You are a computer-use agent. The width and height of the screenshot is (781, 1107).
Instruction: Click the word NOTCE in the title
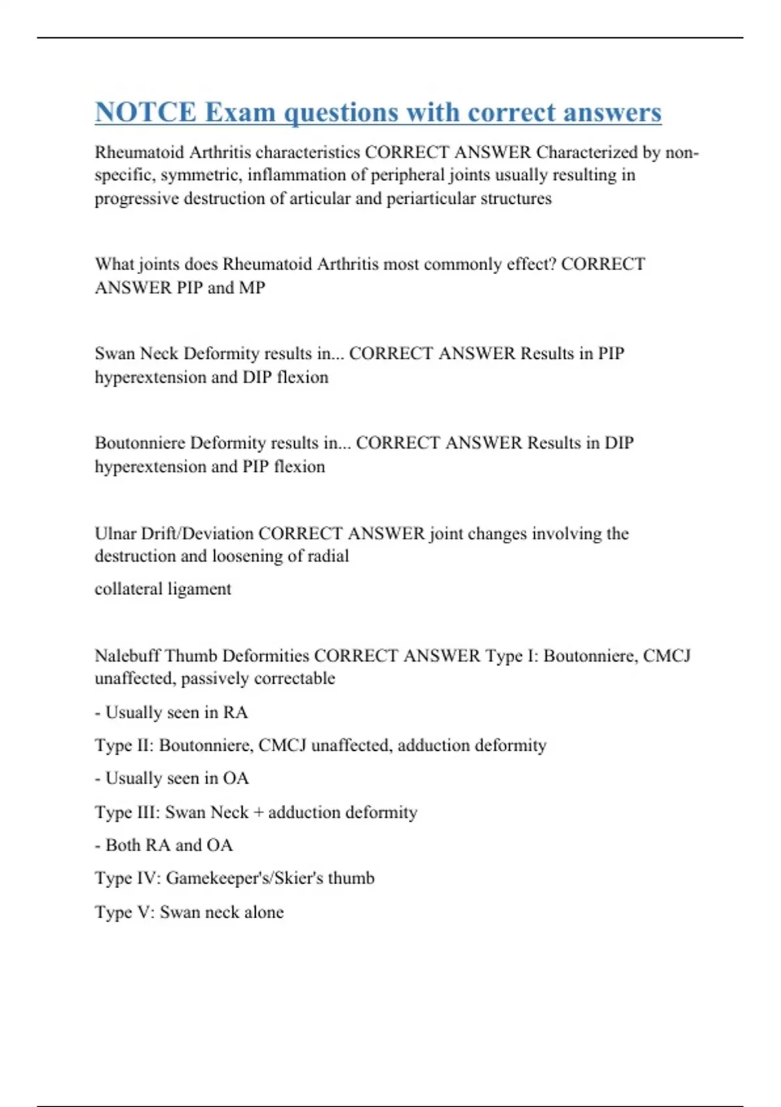pyautogui.click(x=145, y=112)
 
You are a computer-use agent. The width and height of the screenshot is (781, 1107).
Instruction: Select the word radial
pyautogui.click(x=331, y=556)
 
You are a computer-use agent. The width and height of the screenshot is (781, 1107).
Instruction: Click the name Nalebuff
pyautogui.click(x=127, y=655)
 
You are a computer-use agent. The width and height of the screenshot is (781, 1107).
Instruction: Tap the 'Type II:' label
pyautogui.click(x=124, y=745)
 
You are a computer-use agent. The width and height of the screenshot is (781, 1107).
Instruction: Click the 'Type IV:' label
pyautogui.click(x=127, y=878)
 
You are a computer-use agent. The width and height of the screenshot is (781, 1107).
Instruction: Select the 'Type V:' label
pyautogui.click(x=124, y=912)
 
